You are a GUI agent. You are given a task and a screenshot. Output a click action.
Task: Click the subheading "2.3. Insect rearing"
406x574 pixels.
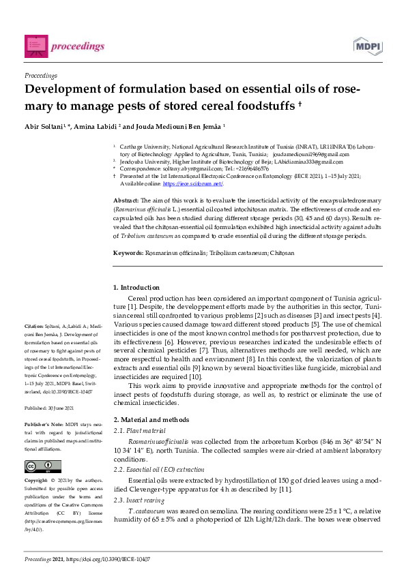(139, 500)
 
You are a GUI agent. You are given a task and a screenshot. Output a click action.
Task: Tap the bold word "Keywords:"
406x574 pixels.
(129, 252)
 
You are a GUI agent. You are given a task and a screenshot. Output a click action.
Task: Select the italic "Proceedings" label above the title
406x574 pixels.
(41, 76)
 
